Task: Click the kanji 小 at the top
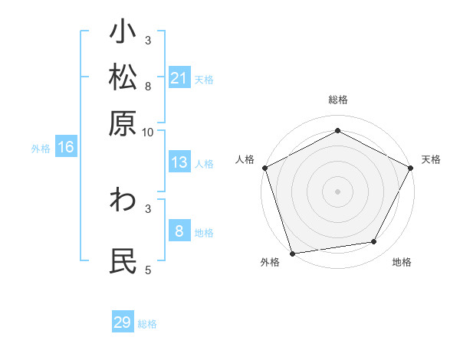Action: pyautogui.click(x=123, y=34)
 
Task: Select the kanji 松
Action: pyautogui.click(x=123, y=78)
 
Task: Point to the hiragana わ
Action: pyautogui.click(x=123, y=201)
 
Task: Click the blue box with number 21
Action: pyautogui.click(x=179, y=78)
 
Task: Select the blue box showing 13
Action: pyautogui.click(x=179, y=162)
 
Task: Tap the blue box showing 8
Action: pyautogui.click(x=179, y=231)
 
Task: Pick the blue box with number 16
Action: pyautogui.click(x=65, y=147)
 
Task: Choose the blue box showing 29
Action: pyautogui.click(x=123, y=322)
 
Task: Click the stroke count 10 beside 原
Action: pyautogui.click(x=148, y=132)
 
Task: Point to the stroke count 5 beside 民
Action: pyautogui.click(x=148, y=270)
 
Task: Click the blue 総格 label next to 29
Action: pyautogui.click(x=148, y=324)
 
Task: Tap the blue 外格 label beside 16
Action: pyautogui.click(x=41, y=149)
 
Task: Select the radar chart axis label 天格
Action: pyautogui.click(x=432, y=159)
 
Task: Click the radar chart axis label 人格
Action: pyautogui.click(x=245, y=159)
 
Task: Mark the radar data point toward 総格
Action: pyautogui.click(x=337, y=130)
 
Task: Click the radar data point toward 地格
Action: pyautogui.click(x=374, y=242)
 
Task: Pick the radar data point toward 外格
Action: pyautogui.click(x=292, y=253)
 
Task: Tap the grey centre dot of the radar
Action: pyautogui.click(x=337, y=191)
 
